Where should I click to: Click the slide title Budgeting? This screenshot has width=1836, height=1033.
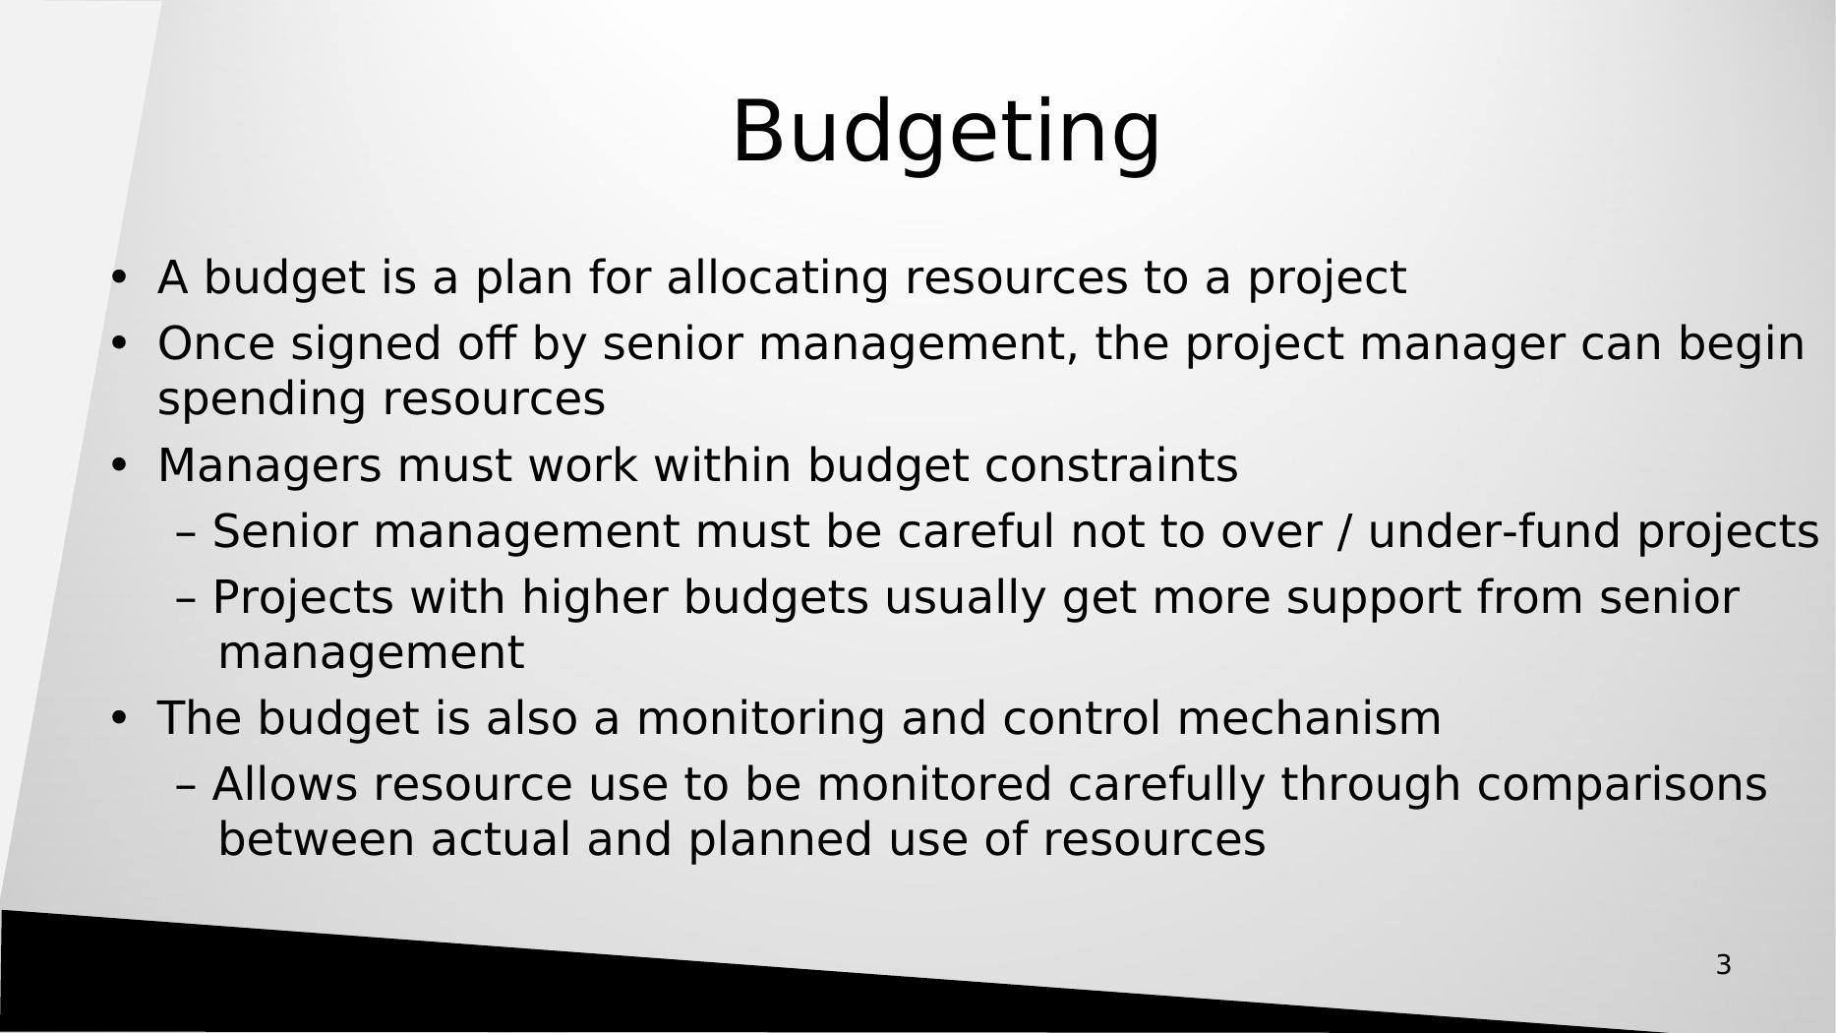pos(946,133)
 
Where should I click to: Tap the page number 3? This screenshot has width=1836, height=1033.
pos(1723,965)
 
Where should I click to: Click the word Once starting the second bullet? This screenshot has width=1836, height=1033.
pos(215,344)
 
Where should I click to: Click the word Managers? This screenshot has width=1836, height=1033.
pos(269,466)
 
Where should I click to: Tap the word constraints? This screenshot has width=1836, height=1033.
pos(1111,465)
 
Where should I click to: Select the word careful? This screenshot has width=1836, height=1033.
pos(976,531)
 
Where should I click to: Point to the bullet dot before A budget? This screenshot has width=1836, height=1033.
pos(119,277)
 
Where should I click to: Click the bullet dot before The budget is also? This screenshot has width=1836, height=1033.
pos(119,718)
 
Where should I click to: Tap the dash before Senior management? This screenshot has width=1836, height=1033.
pos(187,533)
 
